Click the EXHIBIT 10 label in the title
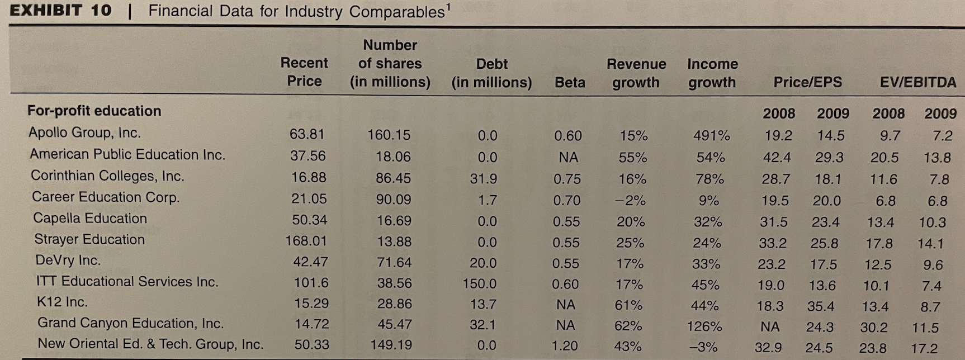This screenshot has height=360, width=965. (60, 11)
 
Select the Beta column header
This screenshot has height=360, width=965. (569, 83)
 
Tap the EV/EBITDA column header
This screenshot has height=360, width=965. (917, 83)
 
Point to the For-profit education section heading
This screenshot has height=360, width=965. (94, 111)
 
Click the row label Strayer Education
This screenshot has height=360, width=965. (89, 239)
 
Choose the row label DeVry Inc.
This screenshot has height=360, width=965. (68, 260)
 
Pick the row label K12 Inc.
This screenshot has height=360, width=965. (62, 302)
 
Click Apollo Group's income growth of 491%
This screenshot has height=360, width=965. (711, 136)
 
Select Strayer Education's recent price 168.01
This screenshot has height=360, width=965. (306, 241)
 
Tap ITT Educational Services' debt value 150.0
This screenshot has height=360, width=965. (479, 283)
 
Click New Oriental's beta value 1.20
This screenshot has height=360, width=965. (565, 346)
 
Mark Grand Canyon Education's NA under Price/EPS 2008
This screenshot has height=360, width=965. (770, 326)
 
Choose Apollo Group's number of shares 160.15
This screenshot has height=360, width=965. (389, 135)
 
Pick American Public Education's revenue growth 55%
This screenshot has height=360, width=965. (632, 158)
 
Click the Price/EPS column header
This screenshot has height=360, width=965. (807, 83)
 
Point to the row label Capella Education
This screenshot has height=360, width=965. (89, 218)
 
